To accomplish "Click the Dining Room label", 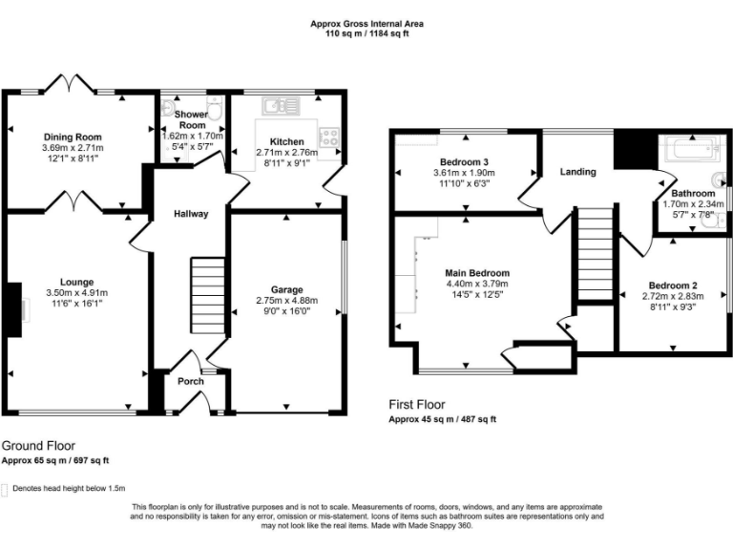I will click(x=72, y=137).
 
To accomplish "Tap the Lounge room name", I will click(x=76, y=282).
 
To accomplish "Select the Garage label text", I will click(x=286, y=289).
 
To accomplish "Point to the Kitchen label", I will click(x=286, y=140).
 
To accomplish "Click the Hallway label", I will click(x=190, y=214).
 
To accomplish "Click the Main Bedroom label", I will click(x=477, y=272).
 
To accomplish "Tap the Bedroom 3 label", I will click(x=465, y=161).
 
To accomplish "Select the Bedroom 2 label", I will click(x=673, y=286).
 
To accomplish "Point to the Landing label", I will click(x=578, y=172).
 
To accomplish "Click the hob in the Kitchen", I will click(x=330, y=137).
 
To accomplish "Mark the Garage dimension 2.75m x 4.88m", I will click(x=286, y=301).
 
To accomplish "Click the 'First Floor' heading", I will click(x=417, y=405).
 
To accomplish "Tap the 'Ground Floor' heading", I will click(x=38, y=446).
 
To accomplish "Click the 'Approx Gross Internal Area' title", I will click(x=367, y=23).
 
